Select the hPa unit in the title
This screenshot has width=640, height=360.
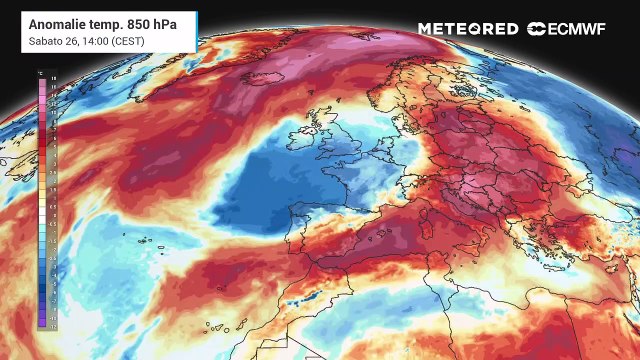pos(170,21)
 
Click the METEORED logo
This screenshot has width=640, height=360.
pos(467,29)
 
